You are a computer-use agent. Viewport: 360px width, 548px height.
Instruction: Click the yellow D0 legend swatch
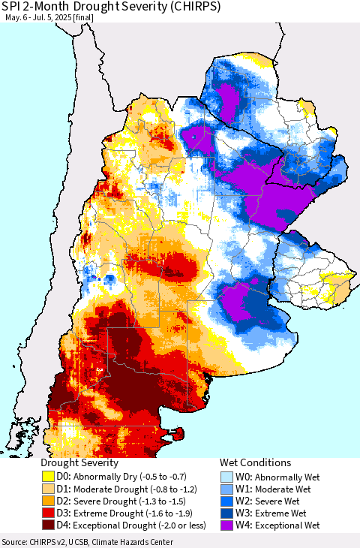click(47, 476)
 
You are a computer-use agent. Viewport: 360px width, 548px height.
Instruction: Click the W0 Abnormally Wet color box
click(226, 476)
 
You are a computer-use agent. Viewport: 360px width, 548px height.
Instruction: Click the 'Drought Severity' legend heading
click(79, 463)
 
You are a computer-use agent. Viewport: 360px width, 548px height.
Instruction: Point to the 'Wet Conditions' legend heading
click(255, 463)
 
